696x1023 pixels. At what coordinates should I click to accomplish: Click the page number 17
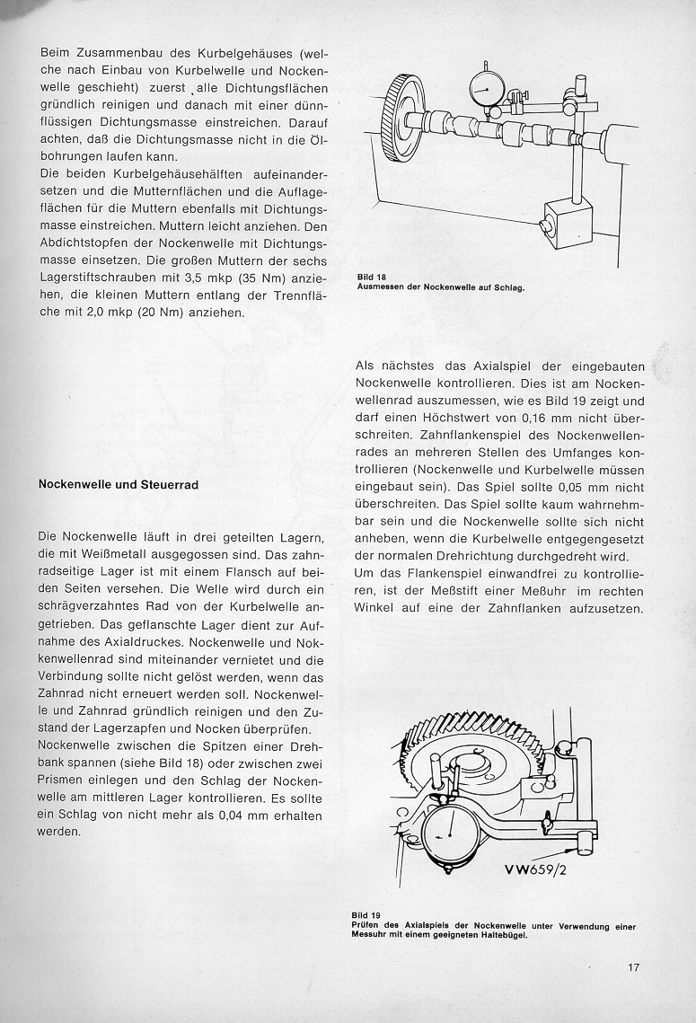[x=633, y=967]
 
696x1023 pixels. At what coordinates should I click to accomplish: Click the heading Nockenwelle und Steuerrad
[x=119, y=484]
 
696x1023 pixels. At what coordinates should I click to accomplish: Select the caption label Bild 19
[x=364, y=916]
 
